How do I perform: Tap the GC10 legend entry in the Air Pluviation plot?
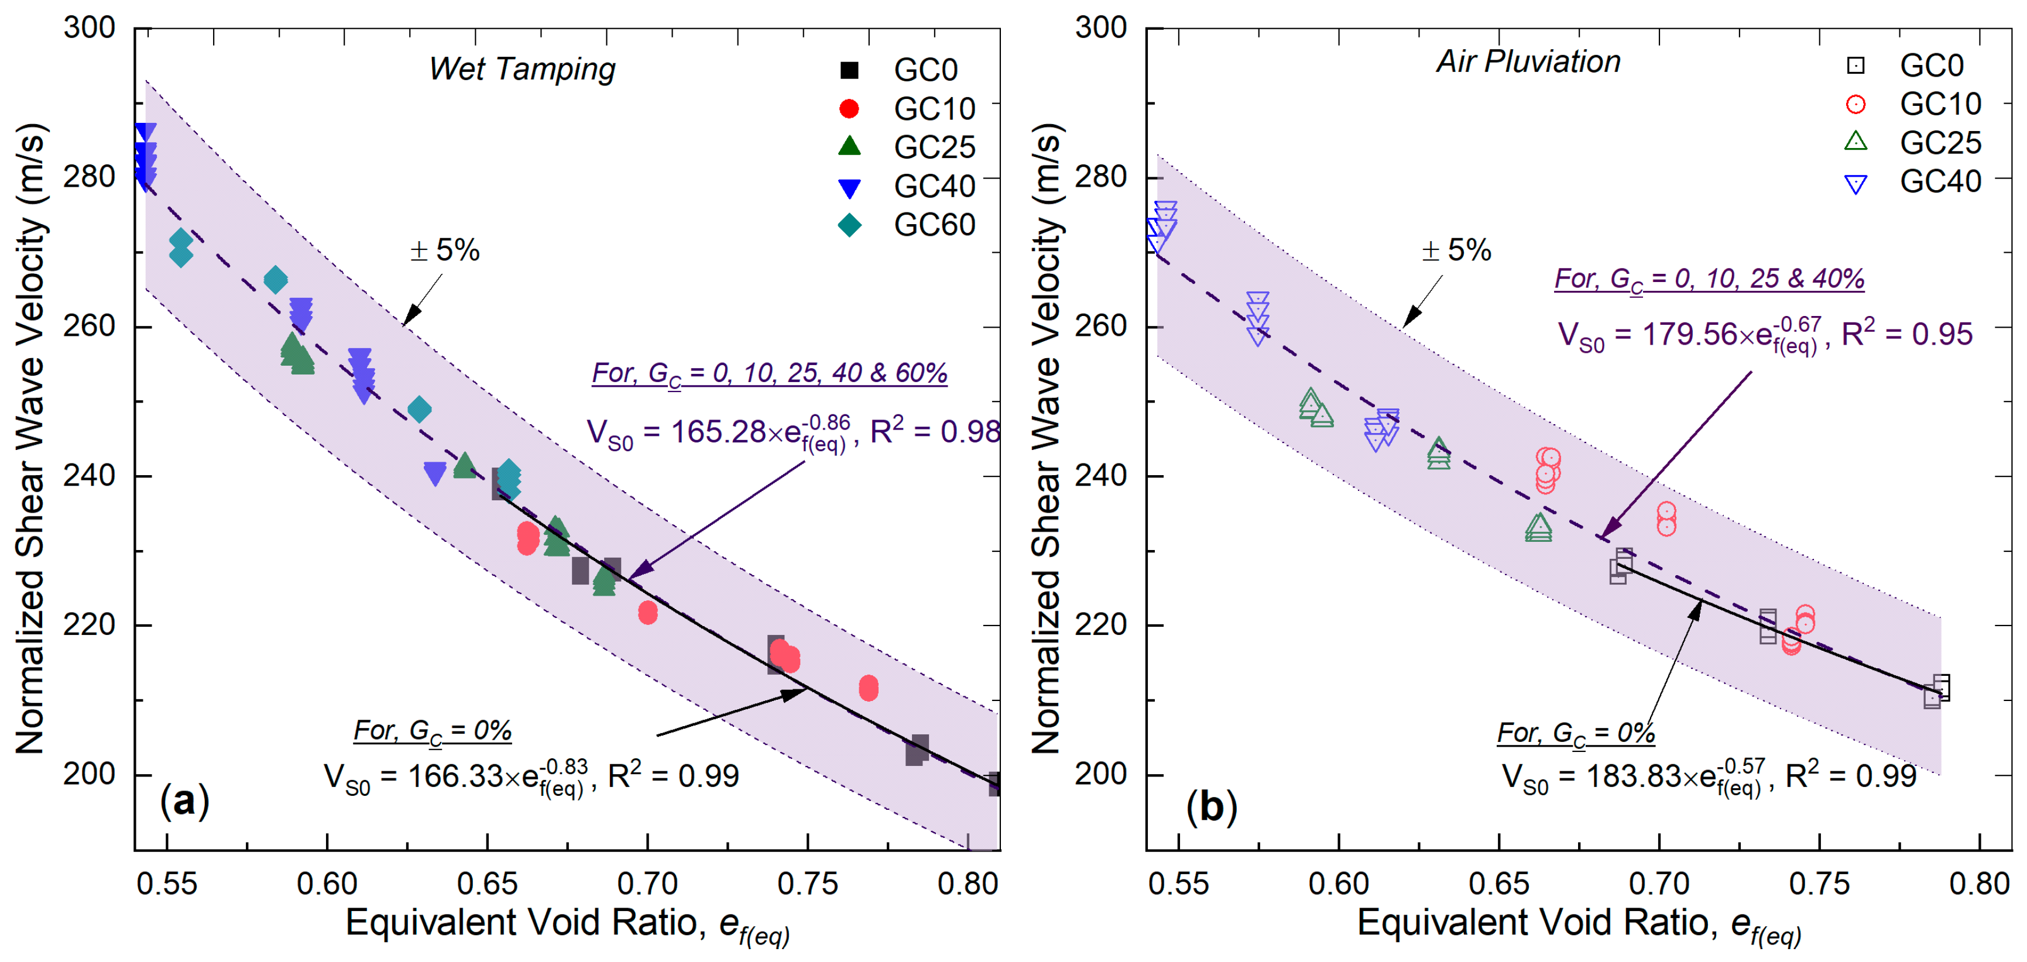(1912, 104)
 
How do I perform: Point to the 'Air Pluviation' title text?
(1528, 61)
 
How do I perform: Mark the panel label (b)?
(1211, 806)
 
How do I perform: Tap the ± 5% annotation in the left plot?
(445, 250)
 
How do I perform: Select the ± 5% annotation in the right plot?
(1456, 250)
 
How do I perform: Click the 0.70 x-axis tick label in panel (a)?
(647, 884)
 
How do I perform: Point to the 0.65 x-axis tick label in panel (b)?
(1498, 884)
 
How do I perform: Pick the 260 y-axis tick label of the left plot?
(89, 326)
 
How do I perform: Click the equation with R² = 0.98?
(793, 432)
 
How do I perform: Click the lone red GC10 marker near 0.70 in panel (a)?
(647, 613)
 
